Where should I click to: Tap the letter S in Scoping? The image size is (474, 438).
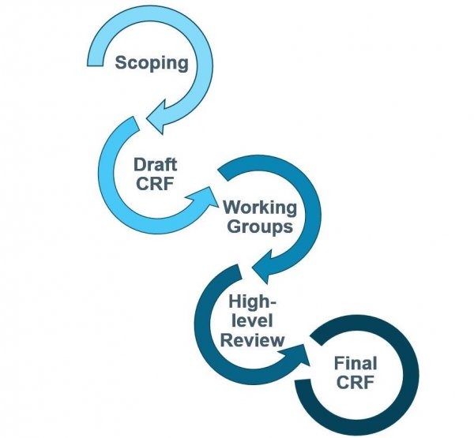click(x=121, y=62)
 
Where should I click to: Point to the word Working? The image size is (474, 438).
click(x=260, y=208)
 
